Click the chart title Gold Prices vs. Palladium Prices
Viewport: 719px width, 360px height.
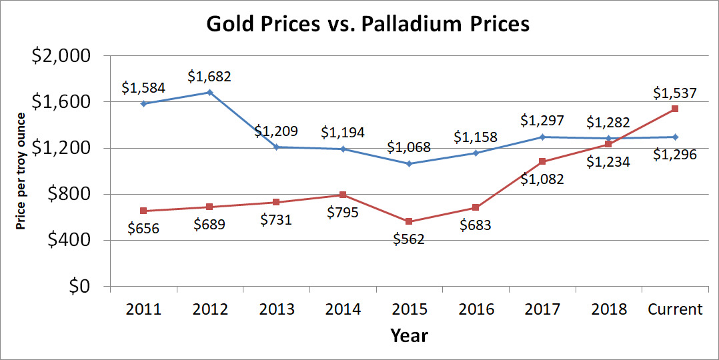tap(368, 24)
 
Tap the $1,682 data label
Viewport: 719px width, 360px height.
tap(209, 77)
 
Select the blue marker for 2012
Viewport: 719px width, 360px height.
tap(209, 92)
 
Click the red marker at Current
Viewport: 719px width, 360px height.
tap(675, 109)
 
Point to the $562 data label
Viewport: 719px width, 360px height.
tap(409, 239)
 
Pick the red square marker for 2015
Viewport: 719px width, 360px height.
tap(409, 222)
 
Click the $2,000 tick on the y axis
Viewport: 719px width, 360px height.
tap(61, 56)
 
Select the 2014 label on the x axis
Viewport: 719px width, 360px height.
tap(343, 309)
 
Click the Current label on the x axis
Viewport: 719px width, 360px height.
tap(675, 309)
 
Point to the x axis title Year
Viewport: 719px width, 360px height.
tap(409, 335)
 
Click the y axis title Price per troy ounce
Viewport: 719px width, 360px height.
tap(21, 172)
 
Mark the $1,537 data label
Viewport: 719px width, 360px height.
tap(675, 93)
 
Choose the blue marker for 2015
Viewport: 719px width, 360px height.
tap(409, 163)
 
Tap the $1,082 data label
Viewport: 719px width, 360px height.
tap(542, 179)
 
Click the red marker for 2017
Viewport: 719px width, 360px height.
tap(542, 161)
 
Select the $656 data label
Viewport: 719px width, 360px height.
tap(143, 229)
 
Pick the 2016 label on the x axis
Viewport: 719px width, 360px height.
tap(476, 309)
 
